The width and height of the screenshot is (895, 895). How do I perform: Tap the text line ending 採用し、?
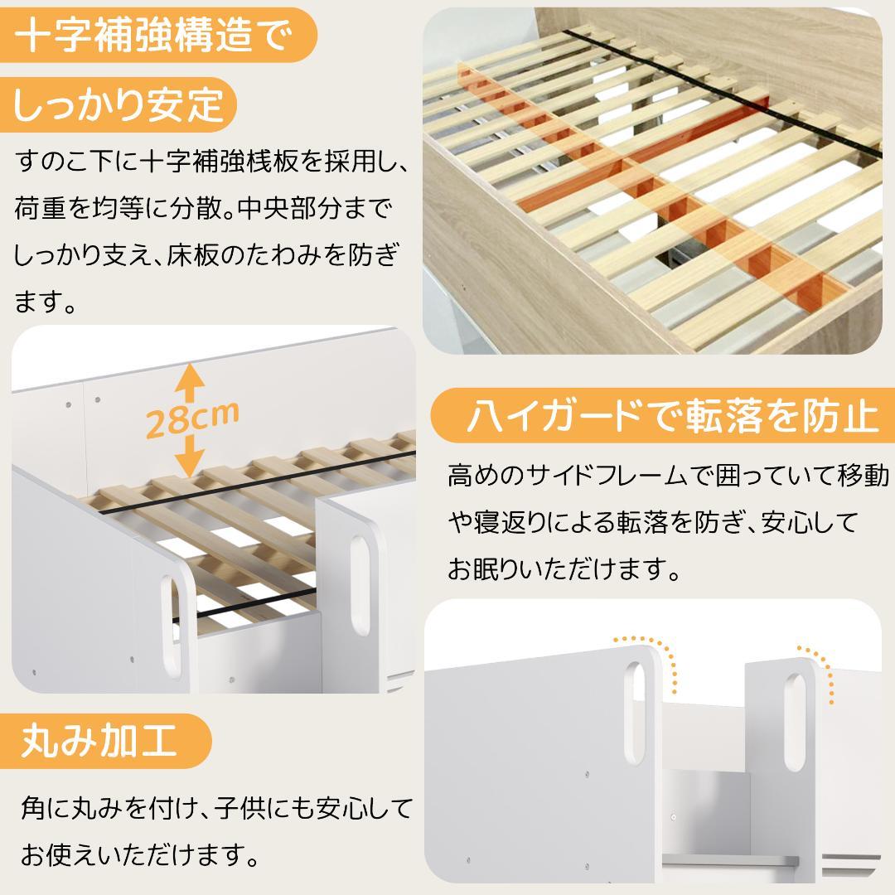211,162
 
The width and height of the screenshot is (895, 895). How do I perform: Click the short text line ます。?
46,302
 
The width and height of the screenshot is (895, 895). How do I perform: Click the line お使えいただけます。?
137,851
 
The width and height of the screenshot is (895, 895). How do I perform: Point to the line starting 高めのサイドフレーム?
668,476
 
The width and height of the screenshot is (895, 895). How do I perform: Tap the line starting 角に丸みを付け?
216,805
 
